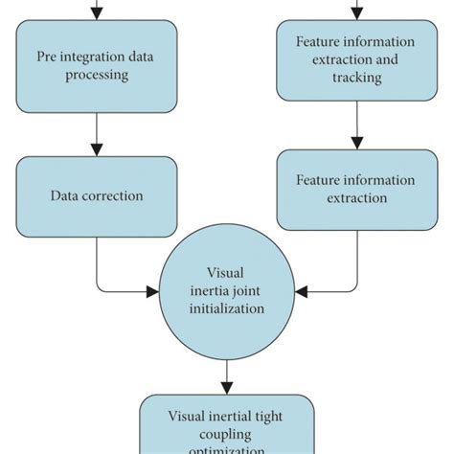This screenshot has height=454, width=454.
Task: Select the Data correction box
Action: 96,195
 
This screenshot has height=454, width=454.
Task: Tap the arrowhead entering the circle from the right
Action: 299,290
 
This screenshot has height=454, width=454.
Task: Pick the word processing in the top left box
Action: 96,74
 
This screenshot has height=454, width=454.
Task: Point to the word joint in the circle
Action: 248,290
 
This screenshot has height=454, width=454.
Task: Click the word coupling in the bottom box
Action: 226,433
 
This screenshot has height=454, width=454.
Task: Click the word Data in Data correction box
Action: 63,195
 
